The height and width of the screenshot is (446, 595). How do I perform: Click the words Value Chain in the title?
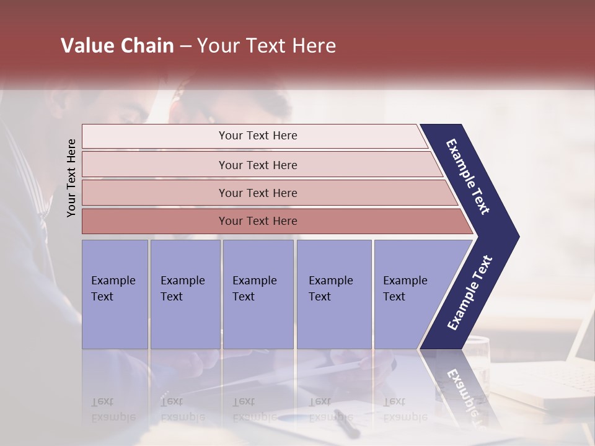pyautogui.click(x=117, y=46)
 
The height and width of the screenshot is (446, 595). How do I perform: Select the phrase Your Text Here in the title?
pyautogui.click(x=267, y=46)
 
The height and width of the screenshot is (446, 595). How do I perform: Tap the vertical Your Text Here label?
pyautogui.click(x=71, y=178)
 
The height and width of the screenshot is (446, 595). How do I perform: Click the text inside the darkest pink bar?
pyautogui.click(x=258, y=221)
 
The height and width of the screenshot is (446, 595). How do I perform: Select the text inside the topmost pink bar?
pyautogui.click(x=258, y=136)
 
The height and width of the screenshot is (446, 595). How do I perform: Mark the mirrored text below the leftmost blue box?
pyautogui.click(x=113, y=409)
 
